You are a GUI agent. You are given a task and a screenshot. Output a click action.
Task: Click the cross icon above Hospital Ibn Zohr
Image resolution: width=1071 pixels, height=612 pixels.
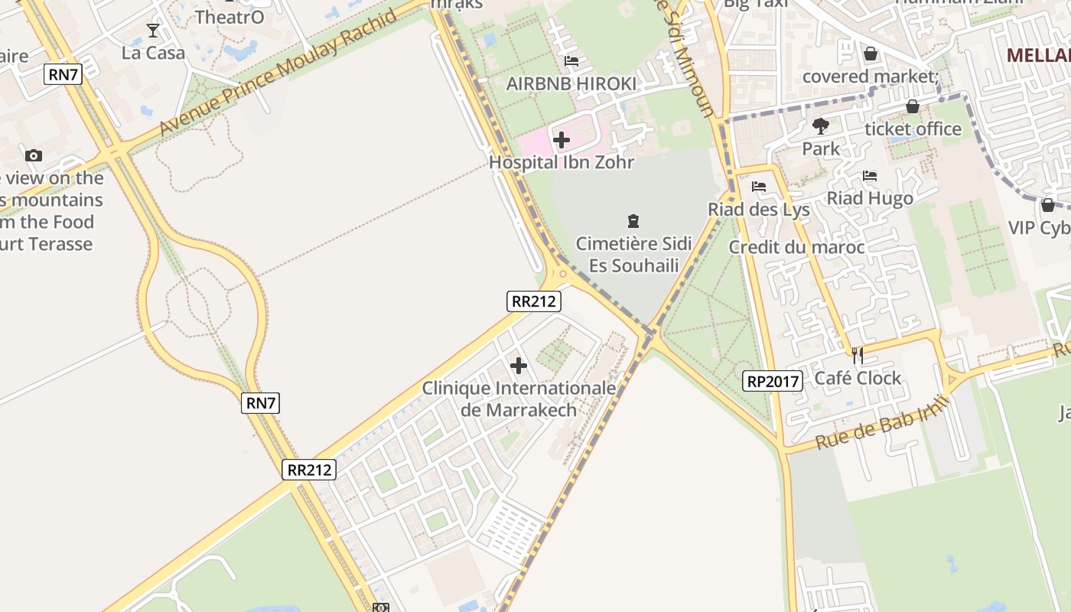(562, 140)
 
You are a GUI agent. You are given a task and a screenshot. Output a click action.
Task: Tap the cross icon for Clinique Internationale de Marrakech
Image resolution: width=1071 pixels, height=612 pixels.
(519, 366)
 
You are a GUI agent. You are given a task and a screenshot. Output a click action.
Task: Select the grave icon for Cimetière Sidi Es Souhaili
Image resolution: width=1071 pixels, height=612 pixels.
(633, 222)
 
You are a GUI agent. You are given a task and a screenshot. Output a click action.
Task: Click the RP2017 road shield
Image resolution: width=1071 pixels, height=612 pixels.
(773, 381)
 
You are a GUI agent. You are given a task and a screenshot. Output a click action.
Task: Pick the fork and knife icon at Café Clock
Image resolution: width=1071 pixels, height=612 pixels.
(858, 356)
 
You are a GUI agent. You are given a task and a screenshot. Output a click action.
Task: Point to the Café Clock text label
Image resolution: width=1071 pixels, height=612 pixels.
(858, 378)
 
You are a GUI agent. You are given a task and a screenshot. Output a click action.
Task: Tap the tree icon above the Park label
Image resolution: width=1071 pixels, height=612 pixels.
(821, 125)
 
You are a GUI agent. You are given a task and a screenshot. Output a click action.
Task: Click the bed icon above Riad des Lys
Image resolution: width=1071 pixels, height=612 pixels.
(759, 187)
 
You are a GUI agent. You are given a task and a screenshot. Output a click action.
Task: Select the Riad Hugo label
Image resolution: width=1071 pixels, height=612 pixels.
(870, 199)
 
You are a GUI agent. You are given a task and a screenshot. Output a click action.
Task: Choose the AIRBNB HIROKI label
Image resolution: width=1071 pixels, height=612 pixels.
(571, 84)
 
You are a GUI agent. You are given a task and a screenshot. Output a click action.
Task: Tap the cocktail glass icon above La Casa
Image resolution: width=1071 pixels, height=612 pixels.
(153, 31)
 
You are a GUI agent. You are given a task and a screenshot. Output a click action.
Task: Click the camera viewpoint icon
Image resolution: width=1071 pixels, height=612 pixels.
(33, 156)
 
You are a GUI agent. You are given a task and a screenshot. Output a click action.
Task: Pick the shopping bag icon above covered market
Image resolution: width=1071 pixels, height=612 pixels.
(871, 54)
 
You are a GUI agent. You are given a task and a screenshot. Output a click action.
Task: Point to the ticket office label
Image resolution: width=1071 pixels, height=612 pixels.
(913, 129)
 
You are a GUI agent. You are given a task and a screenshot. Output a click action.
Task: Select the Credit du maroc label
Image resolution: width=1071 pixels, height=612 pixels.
(796, 247)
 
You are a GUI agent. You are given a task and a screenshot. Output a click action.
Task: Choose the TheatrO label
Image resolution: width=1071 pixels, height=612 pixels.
(229, 17)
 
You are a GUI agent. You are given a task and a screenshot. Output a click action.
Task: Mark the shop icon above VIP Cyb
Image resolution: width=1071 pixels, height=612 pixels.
(1048, 205)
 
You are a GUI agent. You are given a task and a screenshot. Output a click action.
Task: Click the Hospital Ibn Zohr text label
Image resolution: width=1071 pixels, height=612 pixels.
(562, 162)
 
